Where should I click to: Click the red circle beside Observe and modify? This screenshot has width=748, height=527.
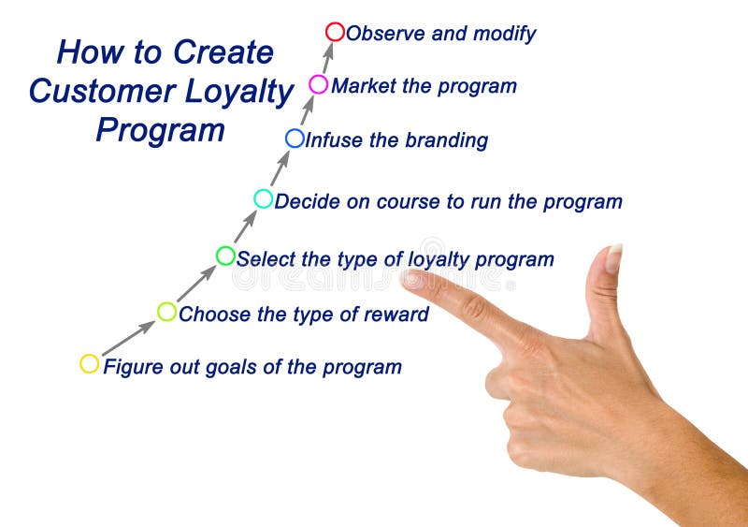(x=335, y=32)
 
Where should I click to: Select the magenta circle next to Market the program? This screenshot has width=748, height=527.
(x=319, y=84)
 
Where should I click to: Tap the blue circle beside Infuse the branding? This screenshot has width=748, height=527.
(x=295, y=139)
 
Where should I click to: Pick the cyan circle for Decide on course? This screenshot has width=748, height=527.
(x=264, y=198)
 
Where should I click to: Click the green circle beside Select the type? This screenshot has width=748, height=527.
(x=225, y=256)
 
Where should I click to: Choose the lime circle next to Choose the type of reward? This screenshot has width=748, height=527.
(x=166, y=312)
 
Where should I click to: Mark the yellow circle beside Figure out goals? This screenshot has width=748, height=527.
(x=90, y=364)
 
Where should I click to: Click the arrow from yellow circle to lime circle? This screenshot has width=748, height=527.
(x=128, y=338)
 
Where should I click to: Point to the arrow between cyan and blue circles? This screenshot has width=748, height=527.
(x=280, y=168)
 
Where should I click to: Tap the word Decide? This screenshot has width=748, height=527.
(x=307, y=201)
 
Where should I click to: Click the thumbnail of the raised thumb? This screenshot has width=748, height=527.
(x=613, y=258)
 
